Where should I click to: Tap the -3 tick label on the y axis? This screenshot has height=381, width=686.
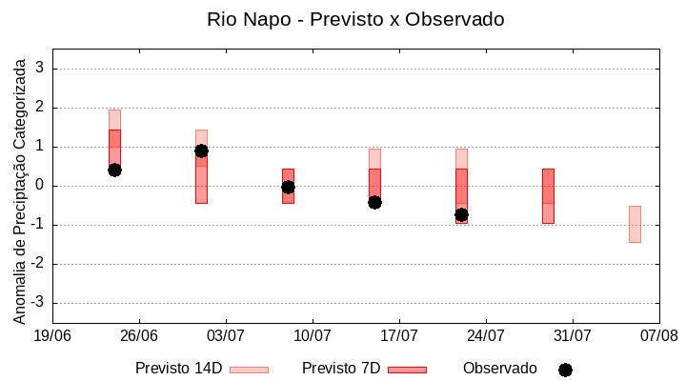coord(38,303)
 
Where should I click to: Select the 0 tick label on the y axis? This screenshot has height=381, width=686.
coord(41,186)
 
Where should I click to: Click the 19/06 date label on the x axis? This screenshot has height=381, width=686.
coord(52,335)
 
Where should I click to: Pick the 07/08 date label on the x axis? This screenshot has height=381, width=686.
coord(658,335)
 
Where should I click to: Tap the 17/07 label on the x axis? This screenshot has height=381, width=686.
coord(399,335)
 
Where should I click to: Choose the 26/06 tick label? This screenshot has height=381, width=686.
coord(139,335)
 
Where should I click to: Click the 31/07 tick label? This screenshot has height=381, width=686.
coord(572,335)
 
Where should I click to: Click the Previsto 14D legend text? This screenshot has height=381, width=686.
coord(178,369)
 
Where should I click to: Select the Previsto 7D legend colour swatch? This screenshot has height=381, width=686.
coord(407,370)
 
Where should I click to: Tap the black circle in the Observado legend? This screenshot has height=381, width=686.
coord(565,370)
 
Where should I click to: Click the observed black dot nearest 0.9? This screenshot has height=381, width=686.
coord(201,150)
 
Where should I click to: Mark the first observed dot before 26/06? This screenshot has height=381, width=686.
coord(114,170)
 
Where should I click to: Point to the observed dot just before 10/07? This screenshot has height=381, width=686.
coord(288,187)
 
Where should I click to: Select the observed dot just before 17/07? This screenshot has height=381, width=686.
coord(374,202)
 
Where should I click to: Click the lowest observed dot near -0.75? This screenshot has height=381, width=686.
coord(461,214)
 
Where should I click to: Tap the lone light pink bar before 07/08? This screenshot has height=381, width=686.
coord(635,224)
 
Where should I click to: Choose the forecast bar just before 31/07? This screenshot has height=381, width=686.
coord(548,196)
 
